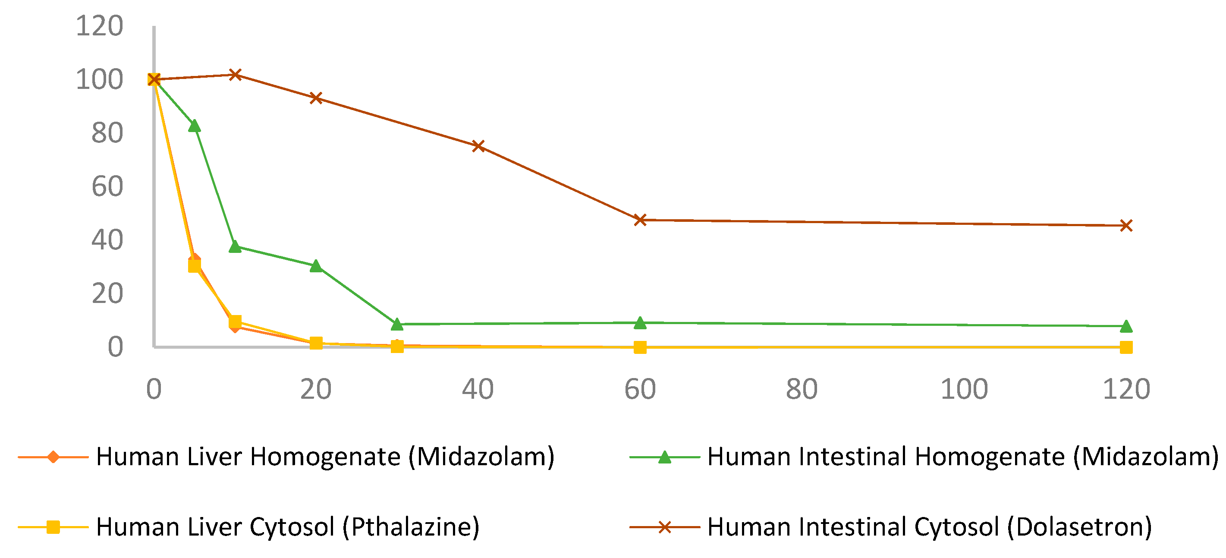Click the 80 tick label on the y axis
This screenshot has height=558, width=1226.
(x=107, y=133)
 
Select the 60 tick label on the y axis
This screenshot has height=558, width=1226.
(x=107, y=186)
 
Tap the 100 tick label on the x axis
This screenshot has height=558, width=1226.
(x=964, y=389)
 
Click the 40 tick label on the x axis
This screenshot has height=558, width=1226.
(x=478, y=389)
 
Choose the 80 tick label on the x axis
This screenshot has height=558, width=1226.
(x=802, y=389)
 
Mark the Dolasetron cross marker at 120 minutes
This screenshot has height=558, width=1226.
(x=1126, y=226)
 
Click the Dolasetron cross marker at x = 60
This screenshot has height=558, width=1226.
(x=640, y=220)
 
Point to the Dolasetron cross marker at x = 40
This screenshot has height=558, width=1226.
(x=478, y=146)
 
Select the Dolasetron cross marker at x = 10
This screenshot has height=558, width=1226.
(x=235, y=75)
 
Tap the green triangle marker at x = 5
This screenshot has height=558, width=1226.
(x=194, y=126)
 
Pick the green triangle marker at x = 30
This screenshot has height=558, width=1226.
(x=397, y=324)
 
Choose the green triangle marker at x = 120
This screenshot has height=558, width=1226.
(x=1126, y=327)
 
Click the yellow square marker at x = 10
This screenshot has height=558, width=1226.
(x=235, y=322)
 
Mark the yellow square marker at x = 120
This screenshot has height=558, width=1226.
(x=1126, y=347)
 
